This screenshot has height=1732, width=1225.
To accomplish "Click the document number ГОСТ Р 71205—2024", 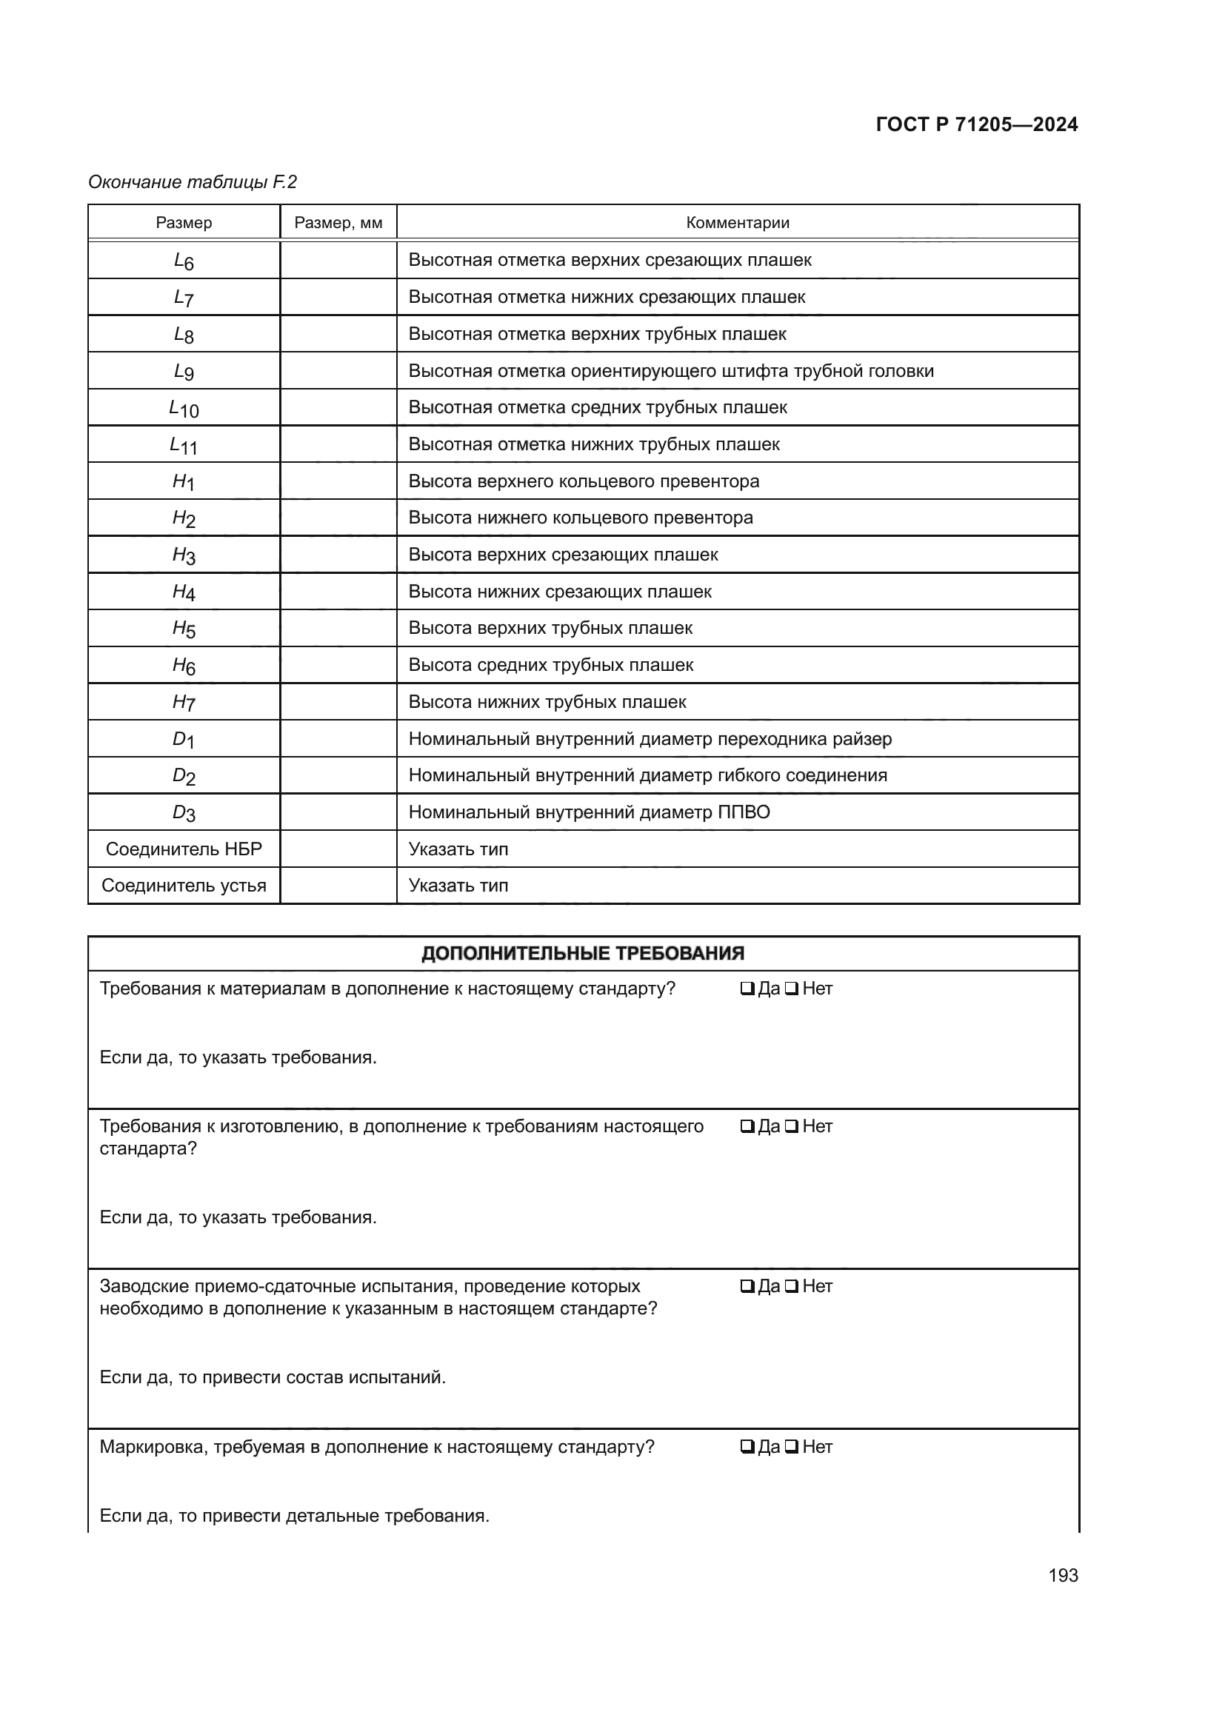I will tap(976, 124).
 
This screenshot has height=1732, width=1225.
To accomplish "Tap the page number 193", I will tap(1062, 1575).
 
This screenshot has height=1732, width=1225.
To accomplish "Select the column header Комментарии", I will tap(737, 223).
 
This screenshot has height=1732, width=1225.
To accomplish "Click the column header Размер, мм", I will tap(338, 223).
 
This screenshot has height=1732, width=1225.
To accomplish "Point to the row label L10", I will tap(183, 408).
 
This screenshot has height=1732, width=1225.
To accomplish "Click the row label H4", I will tap(183, 592).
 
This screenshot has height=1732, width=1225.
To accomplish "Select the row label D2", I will tap(183, 775).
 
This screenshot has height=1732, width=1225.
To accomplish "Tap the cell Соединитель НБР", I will tap(183, 849).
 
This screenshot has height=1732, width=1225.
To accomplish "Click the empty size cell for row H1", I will tap(338, 481).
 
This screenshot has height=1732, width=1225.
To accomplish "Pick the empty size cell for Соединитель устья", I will tap(338, 886).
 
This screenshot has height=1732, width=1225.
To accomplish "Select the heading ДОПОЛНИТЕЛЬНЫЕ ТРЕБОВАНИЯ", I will tap(582, 954).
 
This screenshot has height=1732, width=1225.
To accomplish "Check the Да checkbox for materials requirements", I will tap(747, 989).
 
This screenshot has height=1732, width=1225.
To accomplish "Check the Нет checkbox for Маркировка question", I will tap(791, 1447).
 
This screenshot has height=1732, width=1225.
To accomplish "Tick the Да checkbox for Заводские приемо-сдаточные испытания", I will tap(747, 1286).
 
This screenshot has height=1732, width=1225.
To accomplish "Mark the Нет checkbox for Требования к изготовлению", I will tap(791, 1126).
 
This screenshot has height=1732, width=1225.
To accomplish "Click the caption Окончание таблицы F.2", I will tap(193, 182).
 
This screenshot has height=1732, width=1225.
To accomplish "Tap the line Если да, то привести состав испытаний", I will tap(273, 1377).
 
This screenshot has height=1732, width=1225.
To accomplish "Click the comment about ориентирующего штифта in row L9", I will tap(670, 371).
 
